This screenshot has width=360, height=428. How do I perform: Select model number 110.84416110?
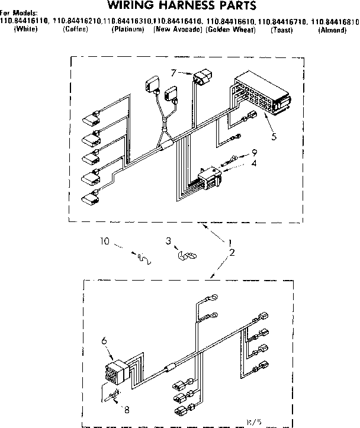tap(25, 21)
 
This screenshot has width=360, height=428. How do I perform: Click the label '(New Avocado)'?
tap(178, 29)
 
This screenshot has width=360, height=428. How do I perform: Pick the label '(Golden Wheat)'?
tap(230, 29)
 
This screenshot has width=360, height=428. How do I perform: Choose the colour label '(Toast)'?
tap(281, 29)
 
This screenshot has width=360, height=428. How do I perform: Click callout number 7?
tap(173, 73)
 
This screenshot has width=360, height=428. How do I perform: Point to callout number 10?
tap(104, 241)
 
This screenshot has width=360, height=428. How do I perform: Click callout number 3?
tap(168, 242)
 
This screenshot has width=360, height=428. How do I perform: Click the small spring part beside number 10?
tap(143, 258)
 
